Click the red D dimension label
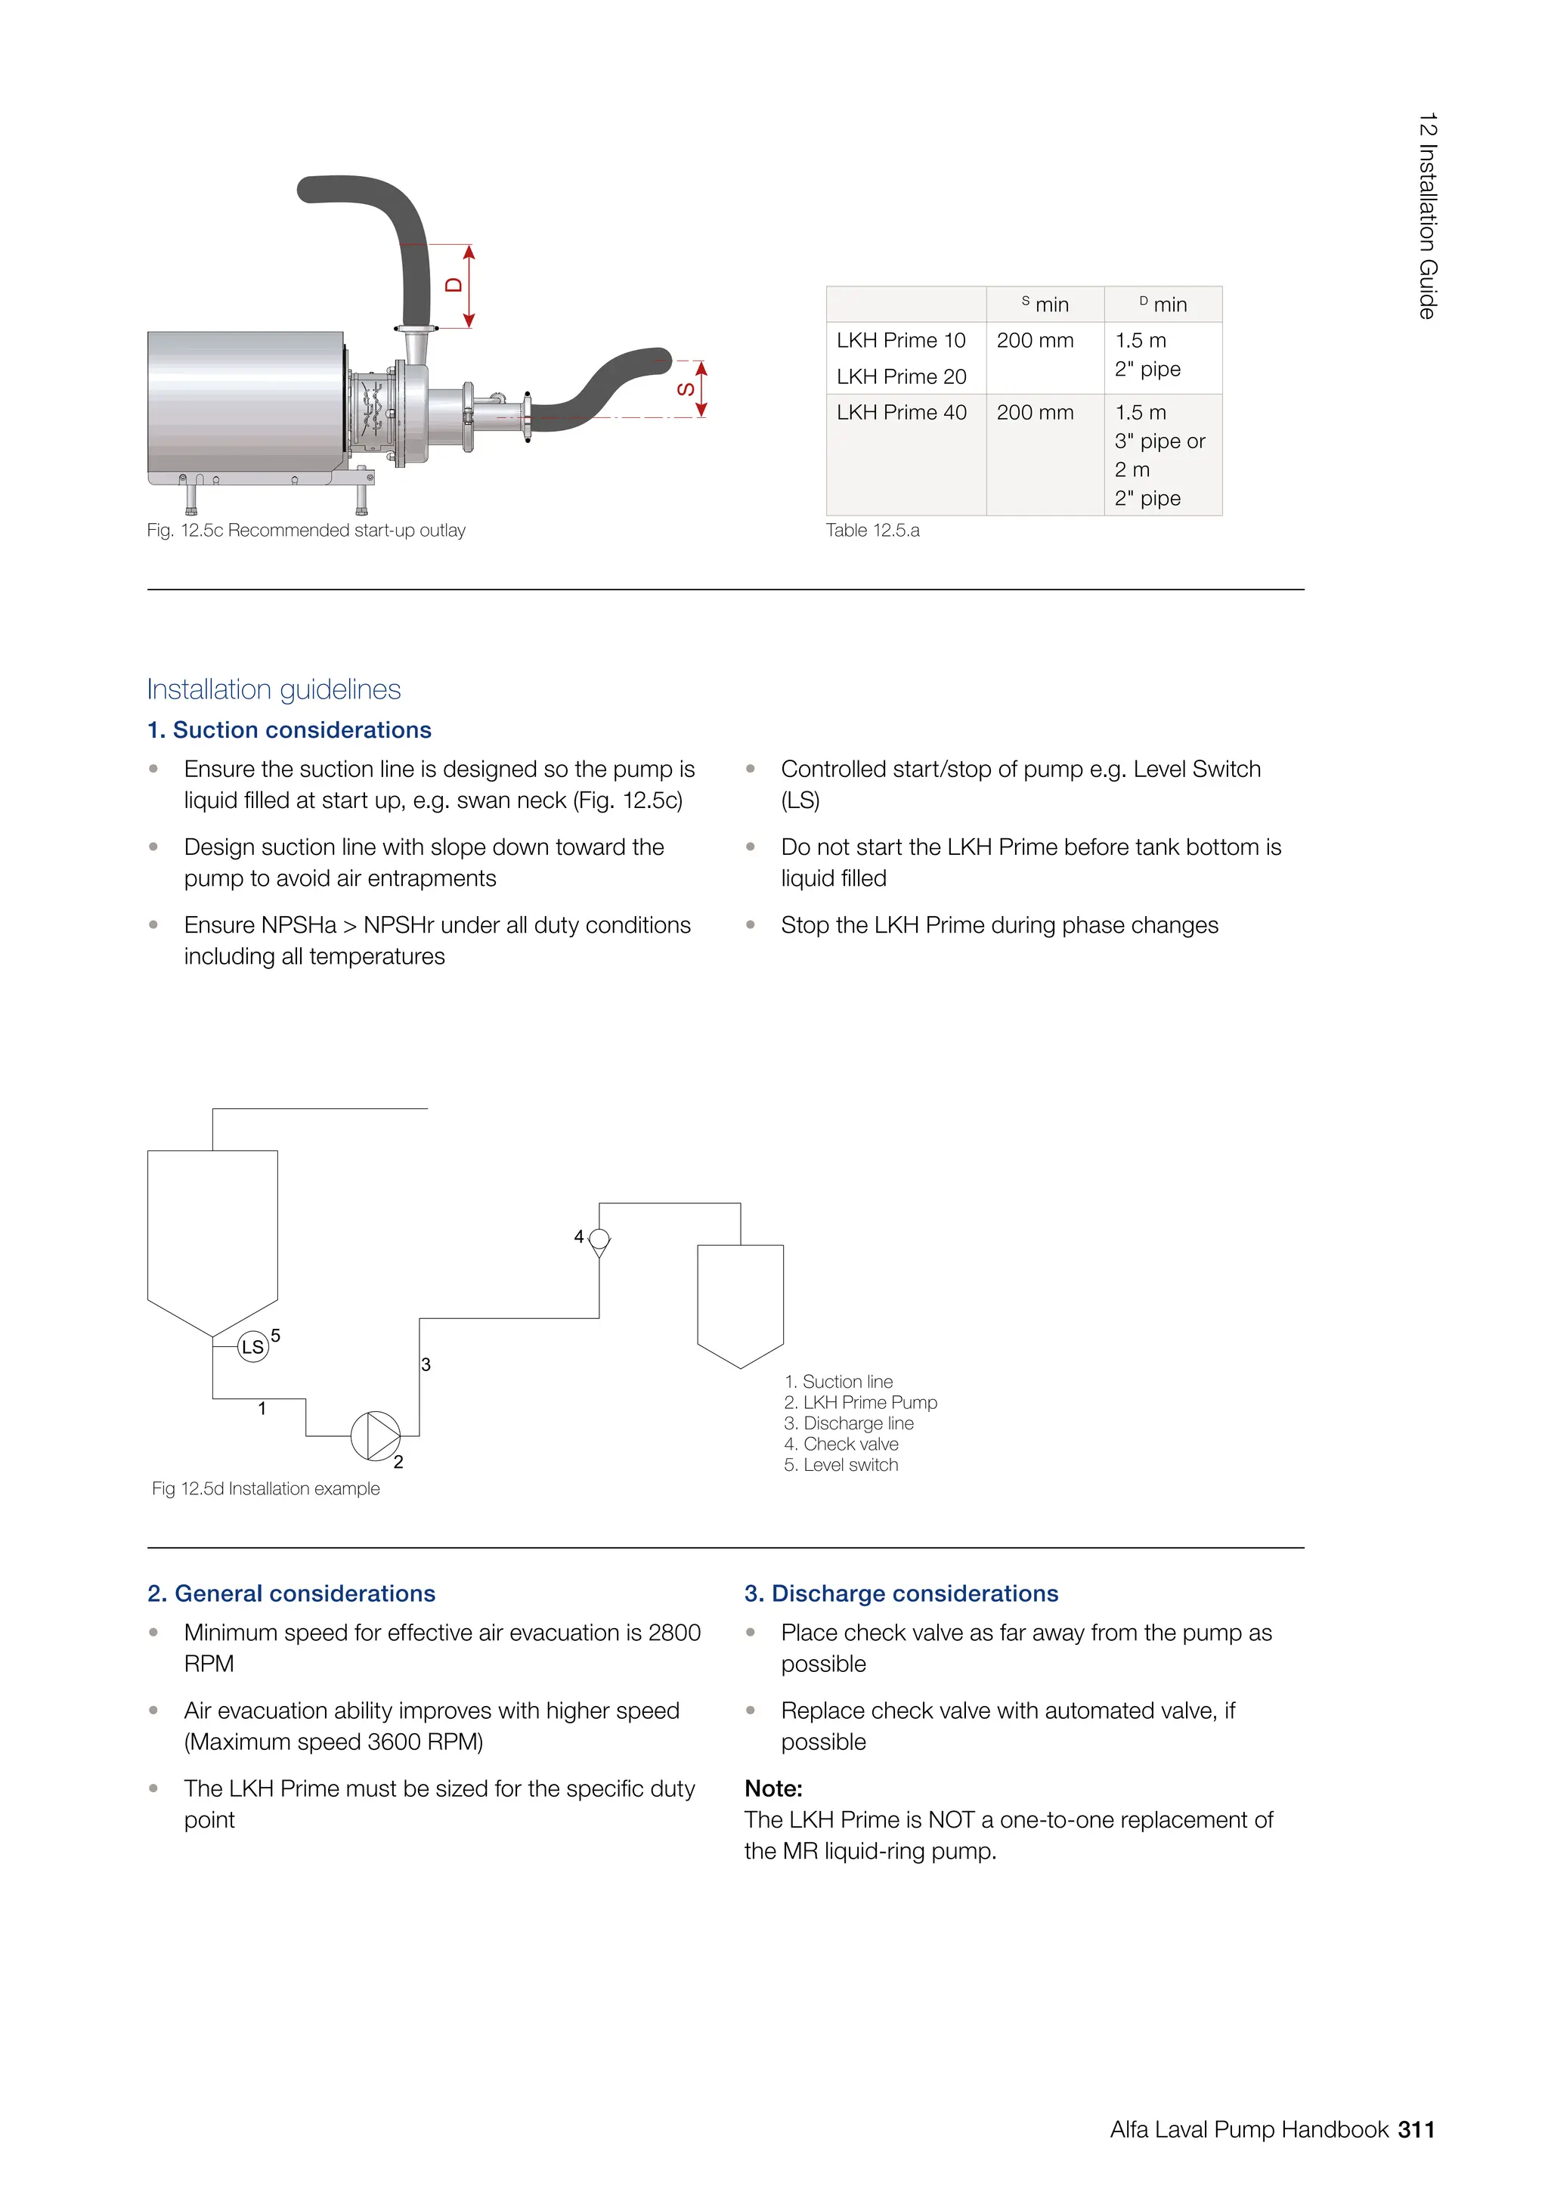[x=454, y=285]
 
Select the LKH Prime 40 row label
[x=901, y=412]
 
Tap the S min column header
[x=1045, y=304]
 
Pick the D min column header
[x=1163, y=304]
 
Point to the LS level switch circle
[x=252, y=1346]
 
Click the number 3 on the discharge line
[x=426, y=1364]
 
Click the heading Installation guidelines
[x=274, y=689]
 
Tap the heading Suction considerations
[x=289, y=729]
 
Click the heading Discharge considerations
[x=901, y=1593]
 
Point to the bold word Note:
[x=773, y=1788]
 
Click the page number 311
[x=1416, y=2129]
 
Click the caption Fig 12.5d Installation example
[x=265, y=1488]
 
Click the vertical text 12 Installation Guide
[x=1426, y=215]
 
